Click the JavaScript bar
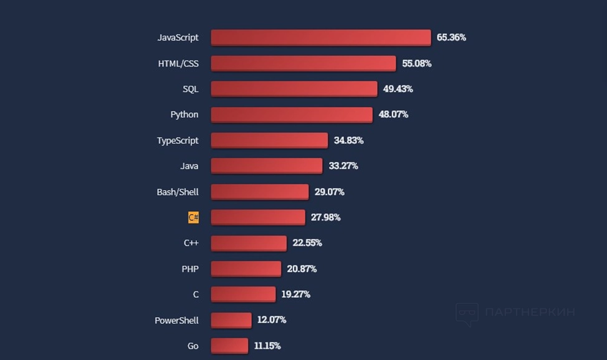pos(320,37)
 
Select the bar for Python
pos(291,115)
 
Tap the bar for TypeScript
pos(269,140)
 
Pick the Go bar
pos(229,346)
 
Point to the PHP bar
pos(246,268)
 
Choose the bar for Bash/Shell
pos(259,191)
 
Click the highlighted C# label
pos(193,217)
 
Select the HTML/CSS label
pos(178,64)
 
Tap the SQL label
pos(191,89)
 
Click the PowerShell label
pos(176,320)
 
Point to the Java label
pos(189,166)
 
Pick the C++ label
pos(191,243)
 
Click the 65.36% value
pos(451,37)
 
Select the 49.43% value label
pos(398,89)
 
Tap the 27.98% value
pos(325,217)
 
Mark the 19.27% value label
pos(295,294)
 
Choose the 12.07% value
pos(272,320)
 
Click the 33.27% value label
pos(343,166)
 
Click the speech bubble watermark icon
pos(467,313)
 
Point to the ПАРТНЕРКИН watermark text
pos(530,312)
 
